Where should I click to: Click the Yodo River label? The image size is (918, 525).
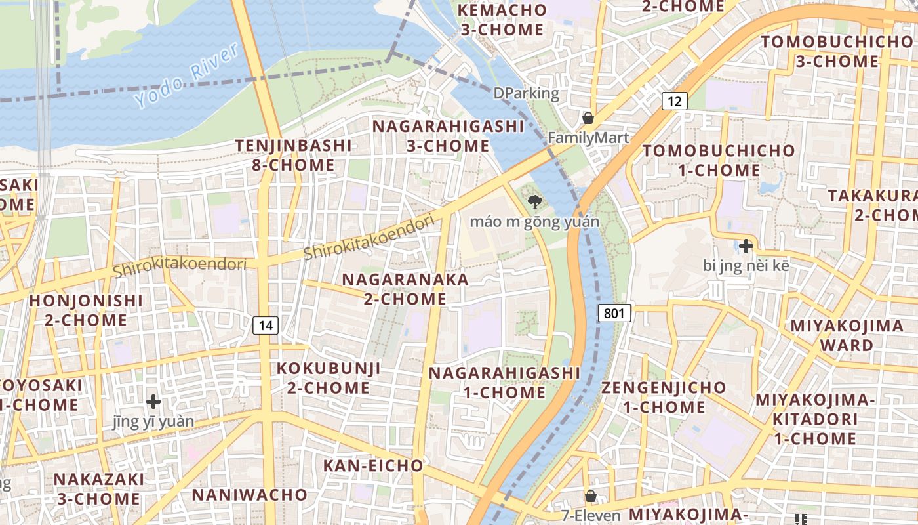[187, 76]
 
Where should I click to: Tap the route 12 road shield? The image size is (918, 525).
[674, 101]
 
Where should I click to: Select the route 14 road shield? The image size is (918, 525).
[266, 325]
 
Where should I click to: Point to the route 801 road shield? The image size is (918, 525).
[614, 313]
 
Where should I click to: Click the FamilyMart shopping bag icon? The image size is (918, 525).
[588, 118]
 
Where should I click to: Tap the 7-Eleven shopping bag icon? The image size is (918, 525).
[591, 496]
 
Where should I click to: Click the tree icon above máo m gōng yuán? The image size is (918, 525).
[534, 202]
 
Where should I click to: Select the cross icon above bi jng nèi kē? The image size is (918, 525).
[746, 247]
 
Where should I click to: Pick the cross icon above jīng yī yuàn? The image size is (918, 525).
[153, 401]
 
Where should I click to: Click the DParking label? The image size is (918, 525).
[526, 93]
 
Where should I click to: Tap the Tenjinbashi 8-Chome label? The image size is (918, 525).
[294, 155]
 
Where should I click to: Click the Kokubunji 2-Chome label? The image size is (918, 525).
[329, 377]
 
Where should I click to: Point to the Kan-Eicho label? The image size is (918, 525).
[373, 466]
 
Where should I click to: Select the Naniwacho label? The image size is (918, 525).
[250, 494]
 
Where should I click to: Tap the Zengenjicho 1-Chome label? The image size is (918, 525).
[664, 397]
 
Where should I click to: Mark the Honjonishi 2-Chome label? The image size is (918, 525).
[86, 310]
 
